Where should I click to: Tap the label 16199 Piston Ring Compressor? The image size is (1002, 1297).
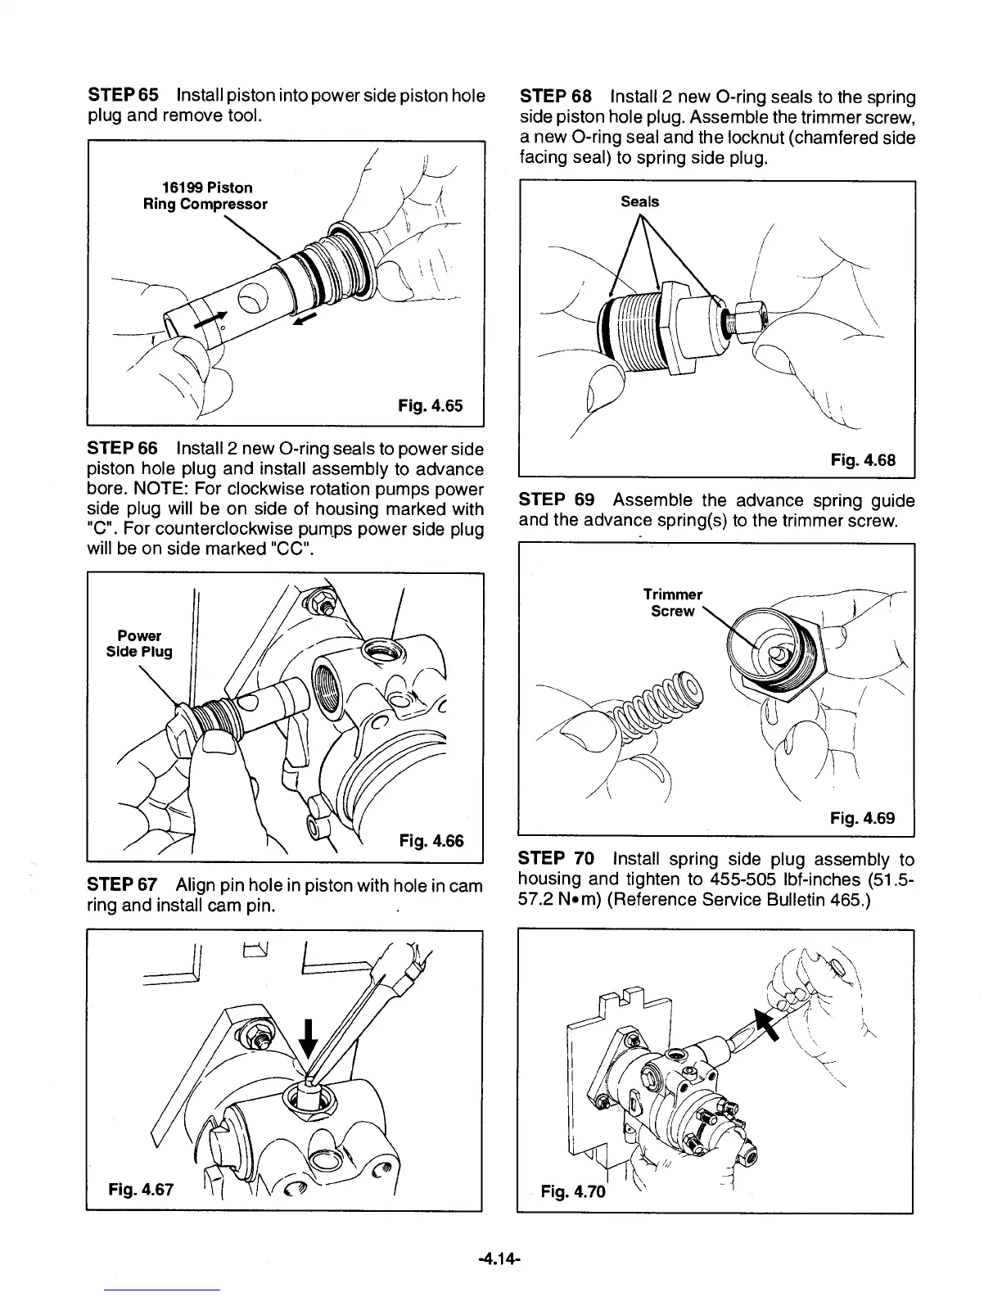pos(205,196)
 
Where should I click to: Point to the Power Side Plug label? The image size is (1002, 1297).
pos(144,644)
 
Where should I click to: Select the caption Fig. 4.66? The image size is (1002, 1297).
pos(431,839)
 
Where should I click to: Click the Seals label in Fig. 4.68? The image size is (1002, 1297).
pos(639,201)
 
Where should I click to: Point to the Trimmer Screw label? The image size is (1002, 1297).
pos(672,603)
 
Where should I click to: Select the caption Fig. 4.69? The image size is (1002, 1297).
pos(862,817)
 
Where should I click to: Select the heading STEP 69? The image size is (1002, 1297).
pos(553,499)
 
